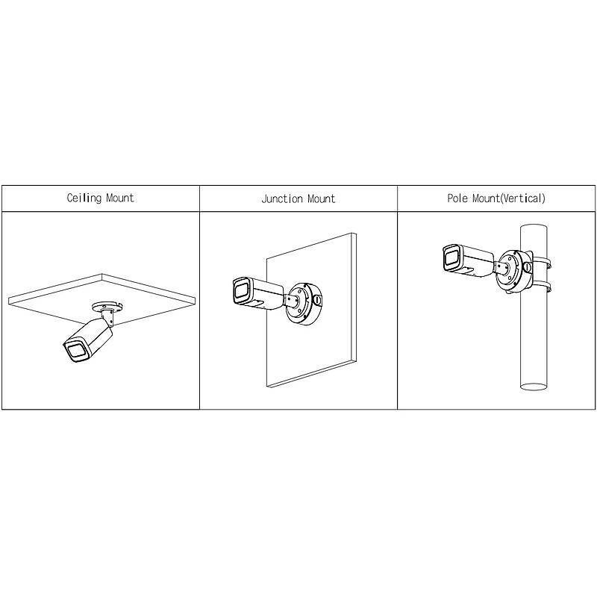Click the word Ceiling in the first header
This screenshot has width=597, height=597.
84,199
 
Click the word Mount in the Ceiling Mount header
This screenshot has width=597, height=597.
119,199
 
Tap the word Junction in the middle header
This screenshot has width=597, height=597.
281,199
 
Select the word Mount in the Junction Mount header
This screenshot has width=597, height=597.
319,199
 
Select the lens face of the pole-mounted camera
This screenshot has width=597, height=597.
451,258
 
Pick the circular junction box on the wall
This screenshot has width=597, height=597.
303,302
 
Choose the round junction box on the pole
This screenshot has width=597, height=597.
512,269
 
